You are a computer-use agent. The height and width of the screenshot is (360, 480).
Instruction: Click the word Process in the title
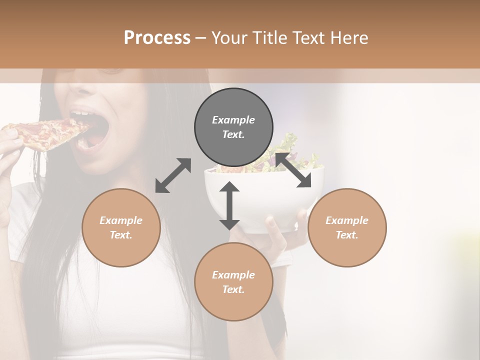pos(157,38)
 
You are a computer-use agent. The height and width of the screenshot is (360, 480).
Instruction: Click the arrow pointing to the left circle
pos(173,175)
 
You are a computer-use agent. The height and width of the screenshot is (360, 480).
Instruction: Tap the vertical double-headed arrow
pos(229,205)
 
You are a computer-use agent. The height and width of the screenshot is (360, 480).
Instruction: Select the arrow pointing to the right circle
pos(293,170)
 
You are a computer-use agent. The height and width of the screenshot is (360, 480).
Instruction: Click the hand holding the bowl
pos(285,227)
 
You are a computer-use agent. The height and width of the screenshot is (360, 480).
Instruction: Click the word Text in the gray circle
pos(233,134)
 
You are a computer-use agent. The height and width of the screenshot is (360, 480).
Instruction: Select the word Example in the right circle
pos(347,220)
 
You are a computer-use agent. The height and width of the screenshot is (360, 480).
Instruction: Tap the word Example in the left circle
pos(121,220)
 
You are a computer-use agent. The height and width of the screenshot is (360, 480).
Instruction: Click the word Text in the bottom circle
pos(233,289)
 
